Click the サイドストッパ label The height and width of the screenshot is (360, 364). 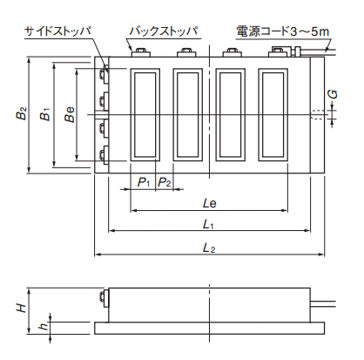click(x=57, y=31)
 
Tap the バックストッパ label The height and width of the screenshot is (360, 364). click(x=164, y=31)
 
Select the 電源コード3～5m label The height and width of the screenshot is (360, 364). click(x=283, y=31)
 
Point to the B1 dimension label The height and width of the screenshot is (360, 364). click(x=45, y=114)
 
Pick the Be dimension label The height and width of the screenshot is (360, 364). click(x=70, y=114)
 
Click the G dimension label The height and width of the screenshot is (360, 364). click(x=334, y=94)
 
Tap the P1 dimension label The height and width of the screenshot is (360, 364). click(x=144, y=182)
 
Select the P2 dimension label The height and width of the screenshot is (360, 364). click(x=165, y=182)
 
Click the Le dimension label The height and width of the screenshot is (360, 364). click(x=210, y=203)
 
